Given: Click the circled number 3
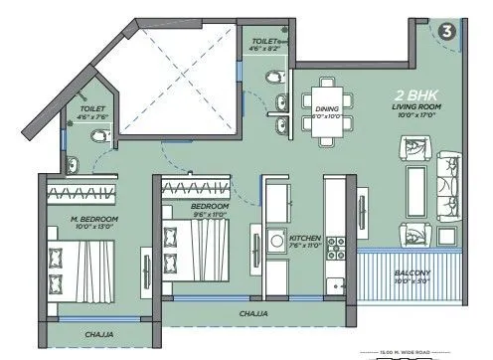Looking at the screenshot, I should coord(447,30).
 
